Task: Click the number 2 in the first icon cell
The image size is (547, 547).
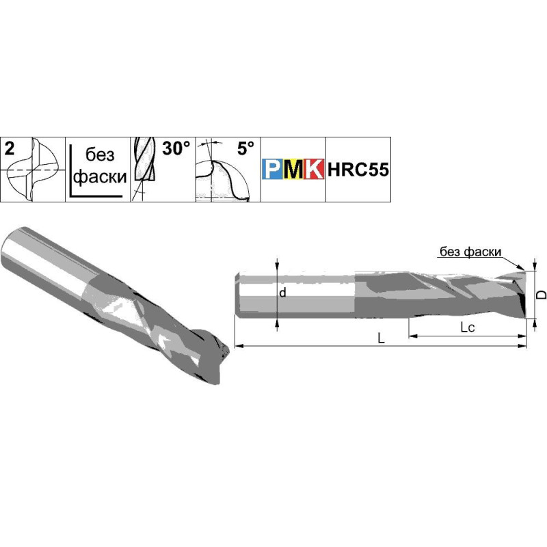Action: (10, 148)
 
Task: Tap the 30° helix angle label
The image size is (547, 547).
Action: (176, 148)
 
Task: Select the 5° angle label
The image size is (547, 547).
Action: (245, 148)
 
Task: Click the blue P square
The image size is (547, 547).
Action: (272, 169)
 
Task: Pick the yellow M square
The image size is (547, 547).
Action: (293, 169)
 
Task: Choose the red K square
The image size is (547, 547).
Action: (314, 169)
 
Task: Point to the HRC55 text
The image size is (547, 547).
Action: (358, 170)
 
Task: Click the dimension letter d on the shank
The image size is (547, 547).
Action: (282, 293)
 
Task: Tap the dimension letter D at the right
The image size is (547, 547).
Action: (541, 294)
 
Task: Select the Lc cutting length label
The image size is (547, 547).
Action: (468, 328)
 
